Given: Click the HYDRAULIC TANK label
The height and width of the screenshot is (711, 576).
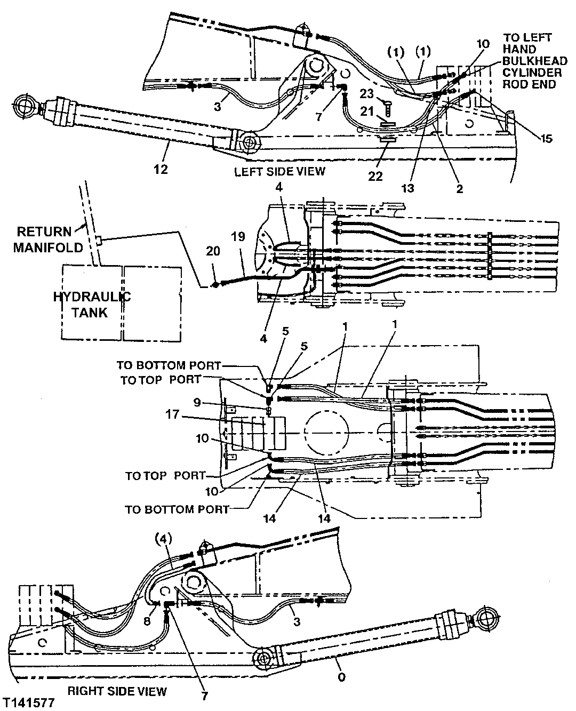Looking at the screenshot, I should tap(92, 305).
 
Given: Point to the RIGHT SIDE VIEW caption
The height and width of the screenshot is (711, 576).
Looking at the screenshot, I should tap(117, 691).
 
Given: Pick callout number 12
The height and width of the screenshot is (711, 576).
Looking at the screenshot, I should tap(161, 169).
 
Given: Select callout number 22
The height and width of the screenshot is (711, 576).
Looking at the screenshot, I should tap(376, 175).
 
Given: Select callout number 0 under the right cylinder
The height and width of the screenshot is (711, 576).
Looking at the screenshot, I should tap(341, 677).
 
